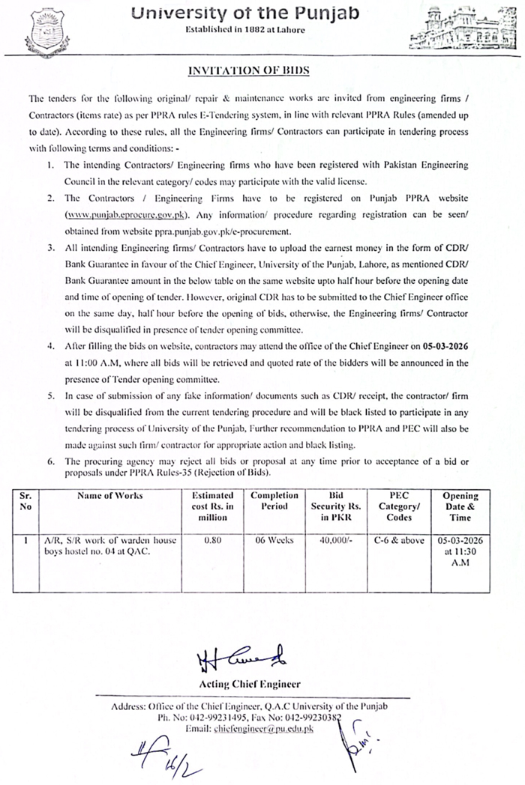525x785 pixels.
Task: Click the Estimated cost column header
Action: click(213, 506)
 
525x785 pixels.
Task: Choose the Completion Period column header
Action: click(274, 500)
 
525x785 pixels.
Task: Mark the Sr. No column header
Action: click(27, 500)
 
